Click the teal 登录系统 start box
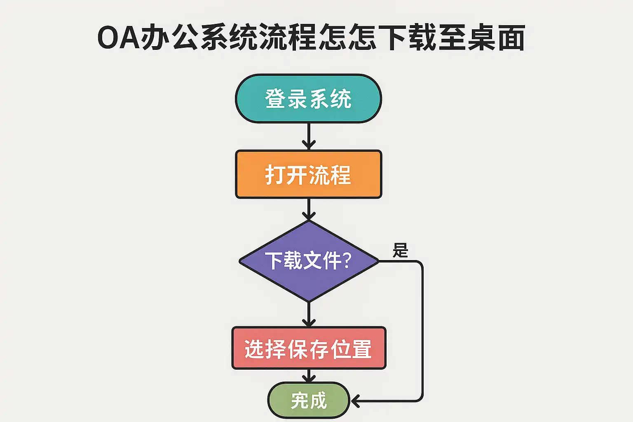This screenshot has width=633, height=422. pyautogui.click(x=308, y=98)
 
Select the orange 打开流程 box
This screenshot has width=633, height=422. pyautogui.click(x=308, y=174)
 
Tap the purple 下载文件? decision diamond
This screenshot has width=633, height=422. pyautogui.click(x=308, y=261)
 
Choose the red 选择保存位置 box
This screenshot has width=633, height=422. pyautogui.click(x=308, y=348)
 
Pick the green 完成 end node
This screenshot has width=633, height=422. pyautogui.click(x=308, y=400)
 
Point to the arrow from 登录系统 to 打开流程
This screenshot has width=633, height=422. pyautogui.click(x=309, y=136)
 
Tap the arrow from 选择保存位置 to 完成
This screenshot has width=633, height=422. pyautogui.click(x=309, y=375)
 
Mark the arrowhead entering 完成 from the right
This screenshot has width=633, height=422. pyautogui.click(x=355, y=400)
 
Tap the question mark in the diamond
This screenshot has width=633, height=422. pyautogui.click(x=346, y=260)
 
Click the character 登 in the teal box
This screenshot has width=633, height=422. pyautogui.click(x=275, y=99)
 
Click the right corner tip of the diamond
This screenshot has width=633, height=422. pyautogui.click(x=377, y=261)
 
